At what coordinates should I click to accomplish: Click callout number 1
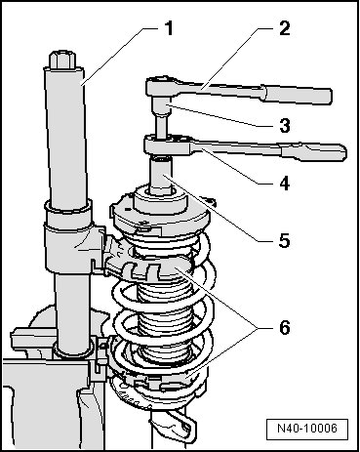(169, 28)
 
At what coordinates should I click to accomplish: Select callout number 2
(284, 28)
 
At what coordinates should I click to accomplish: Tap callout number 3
(284, 125)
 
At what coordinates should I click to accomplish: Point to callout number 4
(284, 184)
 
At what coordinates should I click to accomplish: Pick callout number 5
(284, 241)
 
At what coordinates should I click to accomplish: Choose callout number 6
(284, 327)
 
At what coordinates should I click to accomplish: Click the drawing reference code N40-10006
(307, 428)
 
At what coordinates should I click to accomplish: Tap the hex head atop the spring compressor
(62, 60)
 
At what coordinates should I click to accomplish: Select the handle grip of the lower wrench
(313, 153)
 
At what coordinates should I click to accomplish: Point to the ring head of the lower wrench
(169, 145)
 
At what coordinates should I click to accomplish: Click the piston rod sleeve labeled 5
(160, 176)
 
